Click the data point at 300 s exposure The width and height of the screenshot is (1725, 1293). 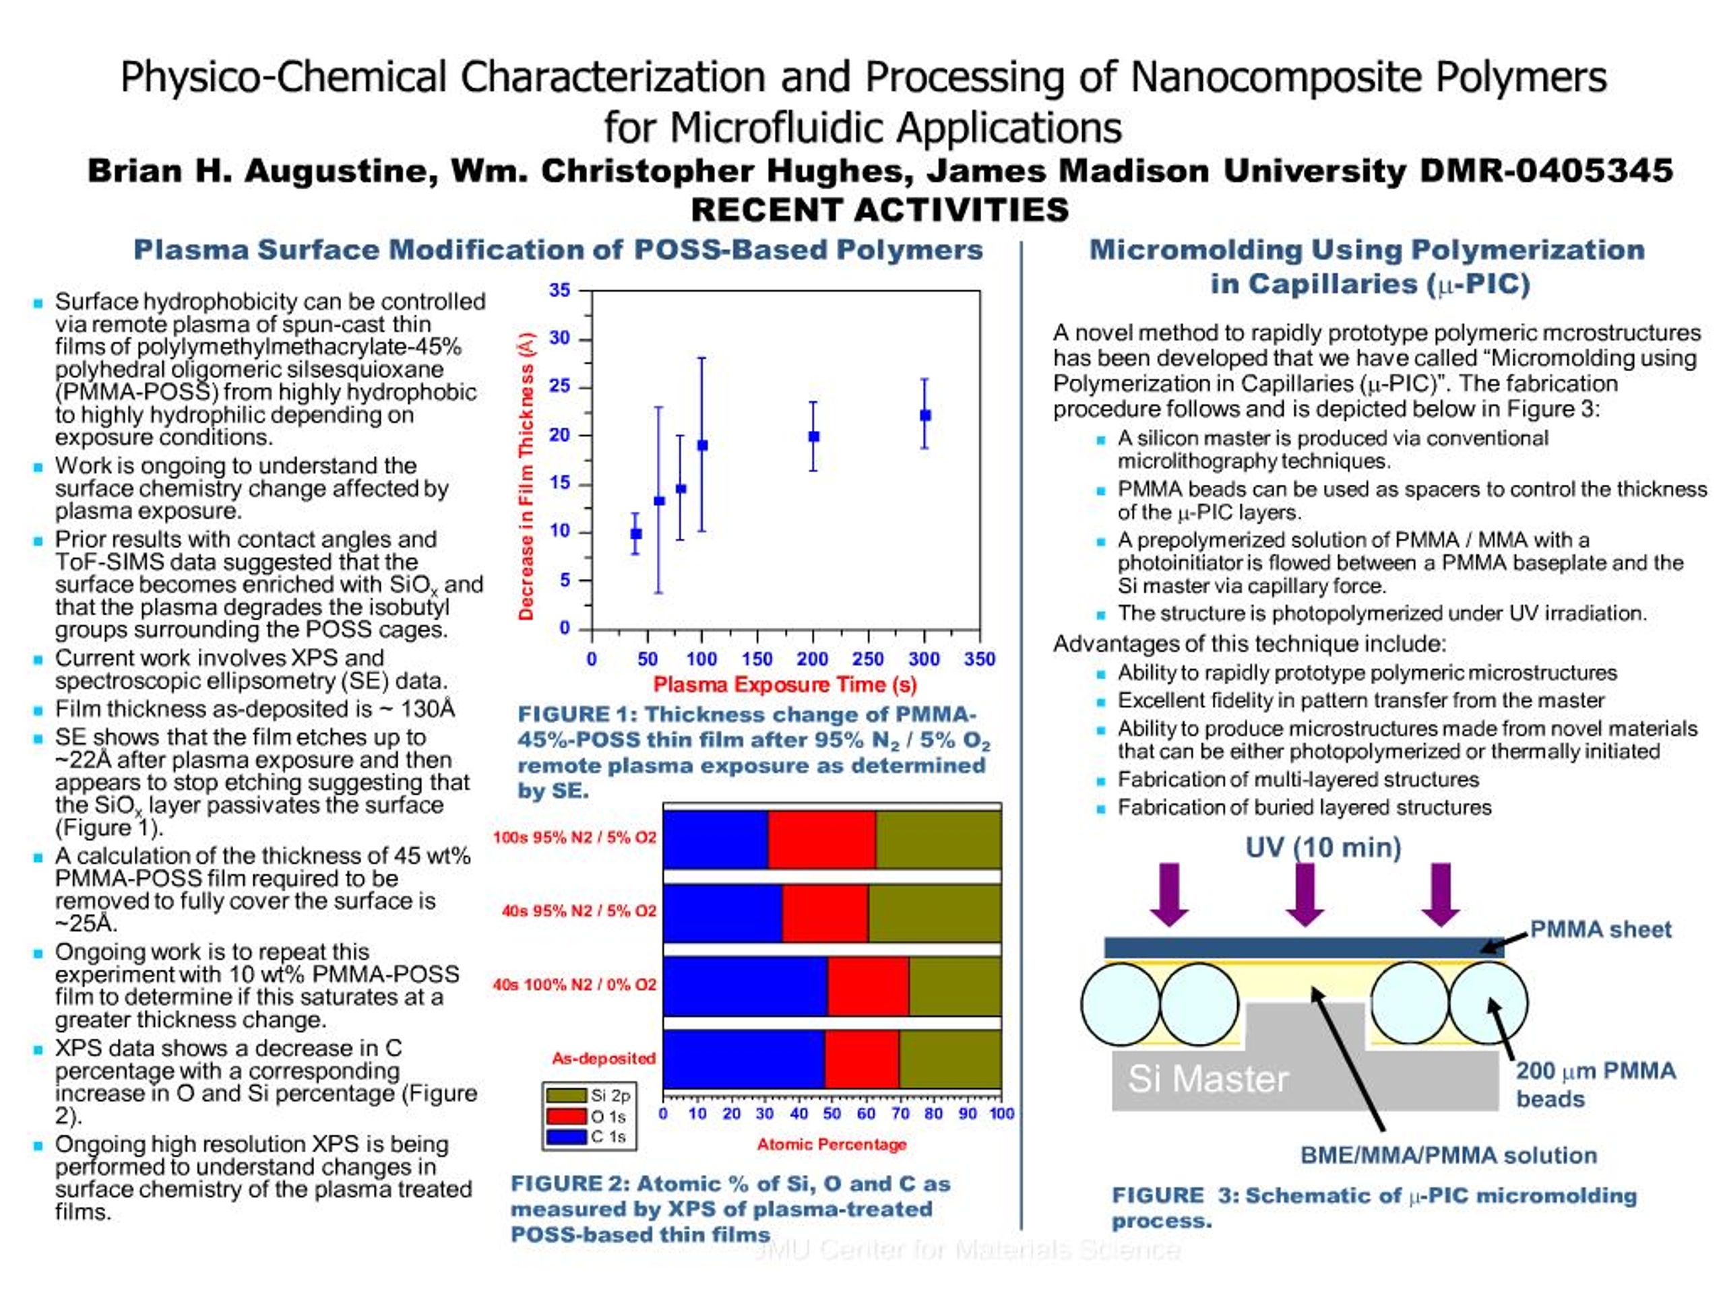(925, 416)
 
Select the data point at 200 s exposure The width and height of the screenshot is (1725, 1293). (813, 436)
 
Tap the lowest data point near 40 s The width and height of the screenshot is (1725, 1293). (635, 534)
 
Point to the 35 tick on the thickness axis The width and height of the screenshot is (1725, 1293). (560, 291)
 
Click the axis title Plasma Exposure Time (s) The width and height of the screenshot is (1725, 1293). (784, 685)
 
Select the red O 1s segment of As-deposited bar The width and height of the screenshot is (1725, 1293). (862, 1059)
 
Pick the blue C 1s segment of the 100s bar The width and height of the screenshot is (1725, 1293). (715, 839)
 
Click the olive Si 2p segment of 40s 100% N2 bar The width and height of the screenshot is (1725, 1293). (955, 986)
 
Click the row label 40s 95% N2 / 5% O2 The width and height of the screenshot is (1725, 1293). (579, 911)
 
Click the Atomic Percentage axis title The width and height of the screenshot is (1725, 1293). (832, 1144)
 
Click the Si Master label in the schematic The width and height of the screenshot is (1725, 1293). (1207, 1079)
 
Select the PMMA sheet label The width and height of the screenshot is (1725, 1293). (1600, 929)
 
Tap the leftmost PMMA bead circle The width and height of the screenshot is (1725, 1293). (1121, 1004)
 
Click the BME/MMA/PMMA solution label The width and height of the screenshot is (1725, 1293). (1448, 1155)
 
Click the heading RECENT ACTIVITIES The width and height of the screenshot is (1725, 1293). (879, 209)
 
